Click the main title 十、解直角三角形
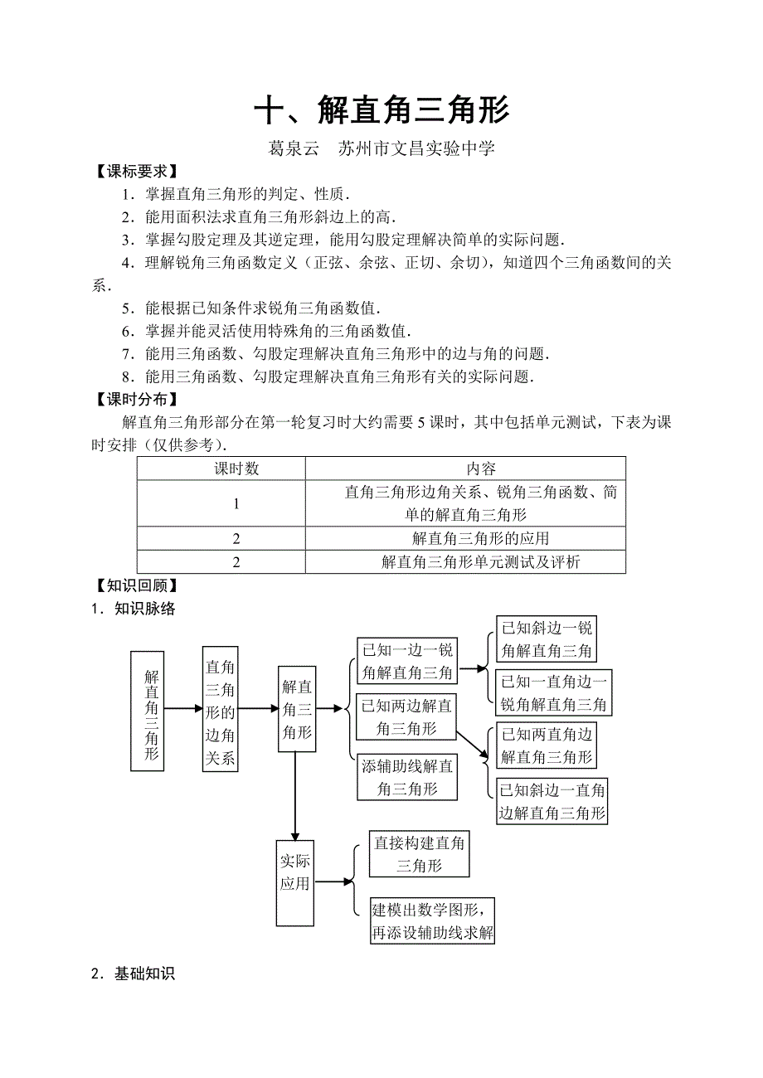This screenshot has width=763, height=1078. tap(381, 110)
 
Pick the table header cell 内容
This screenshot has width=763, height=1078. tap(481, 469)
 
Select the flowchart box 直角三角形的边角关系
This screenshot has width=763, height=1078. tap(220, 710)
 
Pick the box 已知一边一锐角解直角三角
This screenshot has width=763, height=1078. tap(407, 660)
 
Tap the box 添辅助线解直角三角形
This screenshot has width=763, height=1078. tap(407, 777)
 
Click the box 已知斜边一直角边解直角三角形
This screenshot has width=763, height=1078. tap(552, 801)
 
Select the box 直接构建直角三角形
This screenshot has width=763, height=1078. tap(420, 854)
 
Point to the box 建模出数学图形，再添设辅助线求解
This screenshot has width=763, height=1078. tap(433, 920)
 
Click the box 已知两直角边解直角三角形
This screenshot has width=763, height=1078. tap(547, 745)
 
